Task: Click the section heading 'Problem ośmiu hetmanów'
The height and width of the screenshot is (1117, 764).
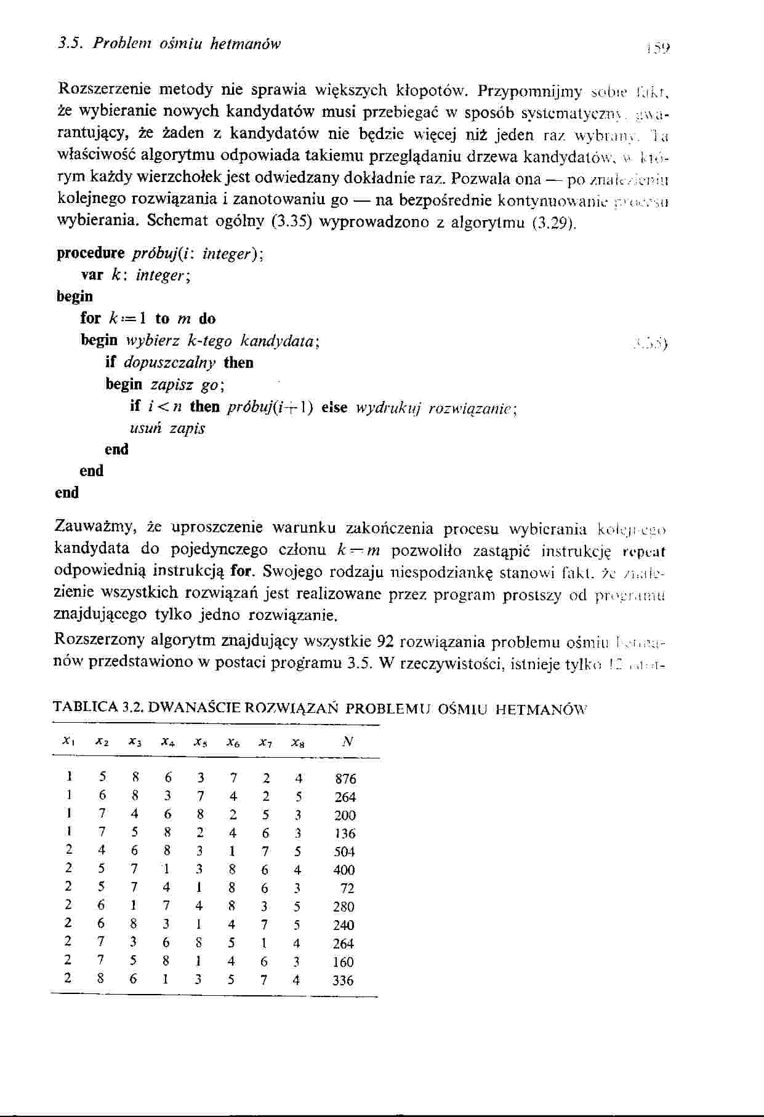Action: point(185,44)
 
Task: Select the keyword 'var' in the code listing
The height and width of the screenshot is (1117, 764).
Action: point(91,276)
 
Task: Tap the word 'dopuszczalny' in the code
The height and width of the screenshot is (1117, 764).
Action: point(170,363)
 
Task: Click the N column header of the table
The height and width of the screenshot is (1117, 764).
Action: point(347,742)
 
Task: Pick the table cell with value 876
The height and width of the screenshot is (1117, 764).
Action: point(345,779)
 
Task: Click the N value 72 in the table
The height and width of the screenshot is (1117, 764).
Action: point(348,888)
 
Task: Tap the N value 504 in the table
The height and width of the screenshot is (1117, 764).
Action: point(345,852)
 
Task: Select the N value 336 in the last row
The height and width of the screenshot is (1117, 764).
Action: point(343,980)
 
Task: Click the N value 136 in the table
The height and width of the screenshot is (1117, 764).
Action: point(345,833)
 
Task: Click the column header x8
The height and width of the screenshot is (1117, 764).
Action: point(297,743)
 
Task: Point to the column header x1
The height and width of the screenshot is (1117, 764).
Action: point(70,743)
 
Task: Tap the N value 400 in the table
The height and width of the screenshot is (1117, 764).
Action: point(344,870)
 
